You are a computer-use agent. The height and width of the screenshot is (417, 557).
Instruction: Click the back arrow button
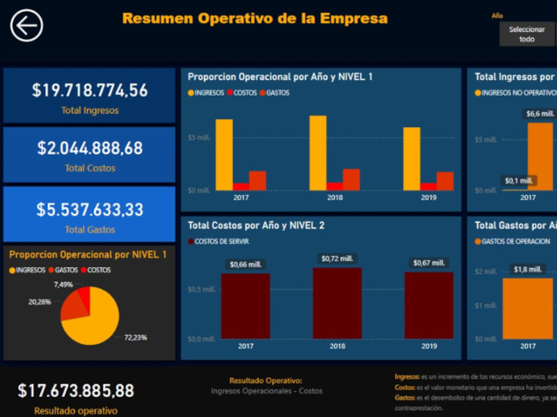point(26,26)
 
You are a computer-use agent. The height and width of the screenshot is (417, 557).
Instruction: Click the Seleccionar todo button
point(527,34)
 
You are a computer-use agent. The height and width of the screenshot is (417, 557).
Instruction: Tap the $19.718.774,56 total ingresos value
point(90,90)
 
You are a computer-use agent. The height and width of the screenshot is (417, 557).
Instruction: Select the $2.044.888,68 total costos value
point(90,148)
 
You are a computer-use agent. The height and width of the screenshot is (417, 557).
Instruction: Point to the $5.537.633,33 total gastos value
point(90,209)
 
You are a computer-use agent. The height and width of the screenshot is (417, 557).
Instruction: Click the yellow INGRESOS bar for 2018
point(317,153)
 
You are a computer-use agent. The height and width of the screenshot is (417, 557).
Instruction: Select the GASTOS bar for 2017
point(258,181)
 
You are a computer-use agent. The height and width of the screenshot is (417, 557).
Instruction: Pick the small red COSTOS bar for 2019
point(428,186)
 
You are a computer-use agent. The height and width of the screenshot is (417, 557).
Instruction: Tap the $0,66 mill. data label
point(246,264)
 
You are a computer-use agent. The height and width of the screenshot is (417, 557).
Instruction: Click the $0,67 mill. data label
point(428,263)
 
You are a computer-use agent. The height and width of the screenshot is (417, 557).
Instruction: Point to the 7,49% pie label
point(63,284)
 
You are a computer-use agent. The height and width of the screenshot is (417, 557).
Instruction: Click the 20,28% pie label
point(39,302)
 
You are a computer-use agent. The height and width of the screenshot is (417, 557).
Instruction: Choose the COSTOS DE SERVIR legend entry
point(219,242)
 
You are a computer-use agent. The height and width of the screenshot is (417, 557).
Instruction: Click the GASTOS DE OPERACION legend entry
point(512,242)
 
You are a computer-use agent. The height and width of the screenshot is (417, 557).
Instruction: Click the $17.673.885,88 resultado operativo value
point(76,391)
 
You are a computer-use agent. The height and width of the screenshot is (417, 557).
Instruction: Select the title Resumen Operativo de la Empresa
point(255,19)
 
